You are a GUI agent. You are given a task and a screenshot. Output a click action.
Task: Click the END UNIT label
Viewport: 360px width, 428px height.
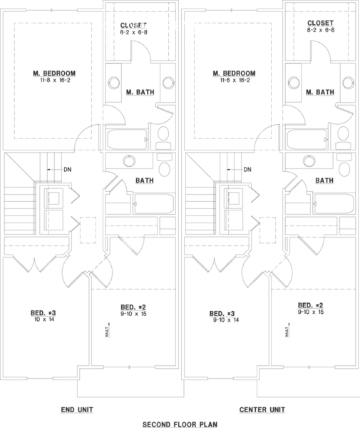coord(77,409)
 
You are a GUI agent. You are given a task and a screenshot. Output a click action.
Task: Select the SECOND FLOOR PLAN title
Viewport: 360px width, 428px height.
coord(180,423)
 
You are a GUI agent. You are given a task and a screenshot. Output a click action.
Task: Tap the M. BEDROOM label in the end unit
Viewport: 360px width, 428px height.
coord(54,73)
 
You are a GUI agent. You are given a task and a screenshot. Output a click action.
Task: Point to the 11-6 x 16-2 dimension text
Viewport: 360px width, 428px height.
coord(235,81)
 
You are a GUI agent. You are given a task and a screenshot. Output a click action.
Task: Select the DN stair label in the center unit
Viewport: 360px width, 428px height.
coord(247,170)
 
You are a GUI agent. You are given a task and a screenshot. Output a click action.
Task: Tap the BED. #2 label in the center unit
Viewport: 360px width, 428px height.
coord(311,305)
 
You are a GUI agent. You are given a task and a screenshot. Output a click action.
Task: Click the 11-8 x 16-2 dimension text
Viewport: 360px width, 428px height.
coord(54,81)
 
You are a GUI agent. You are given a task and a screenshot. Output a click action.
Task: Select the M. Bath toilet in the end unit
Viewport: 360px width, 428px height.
coord(163,134)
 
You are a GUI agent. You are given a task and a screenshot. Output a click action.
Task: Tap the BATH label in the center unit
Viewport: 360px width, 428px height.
coord(325,180)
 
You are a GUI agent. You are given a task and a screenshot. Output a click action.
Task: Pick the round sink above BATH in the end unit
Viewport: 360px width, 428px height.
coord(129,161)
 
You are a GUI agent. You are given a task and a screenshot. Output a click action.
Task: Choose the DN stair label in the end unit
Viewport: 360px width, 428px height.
coord(67,170)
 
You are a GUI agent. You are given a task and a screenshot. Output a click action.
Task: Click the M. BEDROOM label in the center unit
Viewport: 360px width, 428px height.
coord(235,73)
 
